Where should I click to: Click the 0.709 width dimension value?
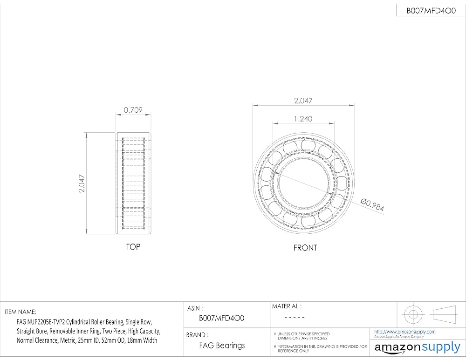[x=133, y=110]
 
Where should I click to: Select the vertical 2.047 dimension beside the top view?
[x=82, y=183]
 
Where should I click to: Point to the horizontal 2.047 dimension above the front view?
[x=303, y=101]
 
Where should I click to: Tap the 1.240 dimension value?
[x=303, y=119]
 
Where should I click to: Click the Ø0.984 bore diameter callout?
[x=372, y=205]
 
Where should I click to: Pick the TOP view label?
[x=133, y=247]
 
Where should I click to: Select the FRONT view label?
[x=305, y=248]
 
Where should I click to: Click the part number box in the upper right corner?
[x=431, y=11]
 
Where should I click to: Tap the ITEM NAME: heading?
[x=20, y=312]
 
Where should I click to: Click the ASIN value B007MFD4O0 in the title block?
[x=221, y=318]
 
